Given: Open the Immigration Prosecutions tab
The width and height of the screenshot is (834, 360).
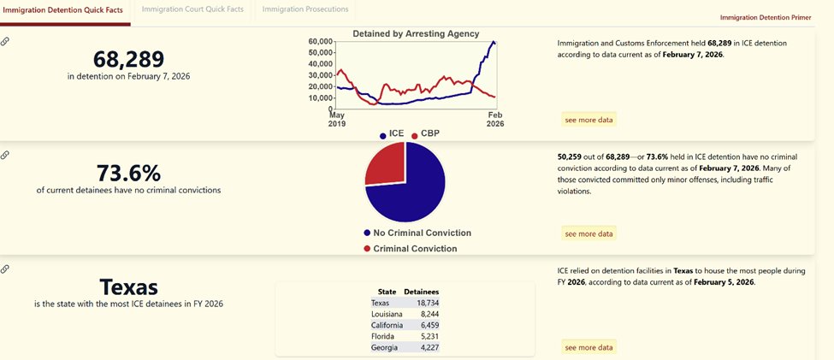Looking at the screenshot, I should pos(305,9).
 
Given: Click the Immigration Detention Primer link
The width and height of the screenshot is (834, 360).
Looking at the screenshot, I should pos(766,17).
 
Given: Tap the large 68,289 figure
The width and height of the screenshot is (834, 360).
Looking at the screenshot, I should pos(128,58).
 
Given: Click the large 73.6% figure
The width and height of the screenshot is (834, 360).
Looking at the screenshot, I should pos(128,173).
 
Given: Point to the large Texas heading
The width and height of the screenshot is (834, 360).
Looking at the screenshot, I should pos(128,286).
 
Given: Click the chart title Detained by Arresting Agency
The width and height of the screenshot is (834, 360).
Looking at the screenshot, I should pos(416,33).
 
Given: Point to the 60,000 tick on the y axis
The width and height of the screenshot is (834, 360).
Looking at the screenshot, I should pos(320,41).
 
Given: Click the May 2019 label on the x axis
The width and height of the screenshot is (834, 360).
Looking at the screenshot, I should pos(337,118).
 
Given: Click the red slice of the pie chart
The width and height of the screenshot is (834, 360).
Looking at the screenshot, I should pos(387,164).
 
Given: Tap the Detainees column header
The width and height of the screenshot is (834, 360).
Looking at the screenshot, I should pos(421,292).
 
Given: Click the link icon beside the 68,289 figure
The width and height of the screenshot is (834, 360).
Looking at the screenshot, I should pos(6,41).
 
